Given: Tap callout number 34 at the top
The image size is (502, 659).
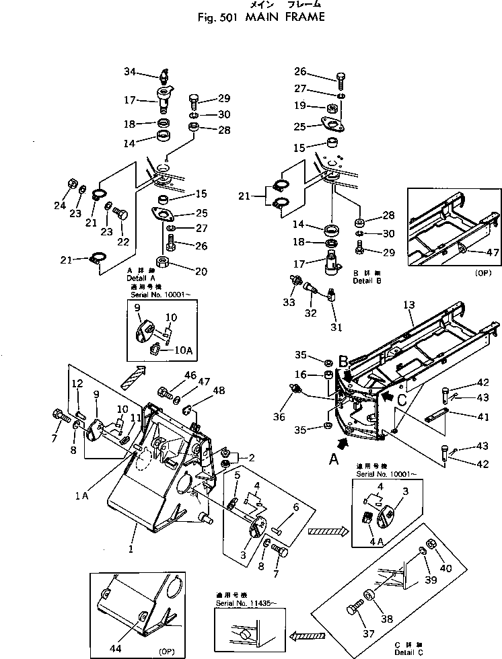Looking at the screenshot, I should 130,71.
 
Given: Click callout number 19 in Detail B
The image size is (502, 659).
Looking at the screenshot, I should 299,106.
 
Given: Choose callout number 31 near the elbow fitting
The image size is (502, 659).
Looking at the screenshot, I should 335,327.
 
